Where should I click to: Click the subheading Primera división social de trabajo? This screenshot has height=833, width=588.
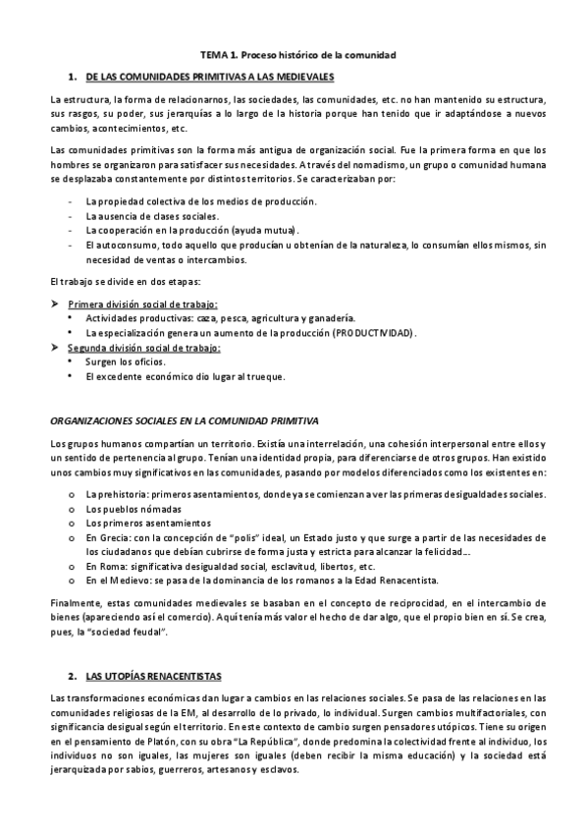click(x=142, y=304)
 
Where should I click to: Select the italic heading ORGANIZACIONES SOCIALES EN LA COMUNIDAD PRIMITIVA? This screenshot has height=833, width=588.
click(x=184, y=420)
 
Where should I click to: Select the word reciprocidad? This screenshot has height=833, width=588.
click(x=396, y=601)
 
